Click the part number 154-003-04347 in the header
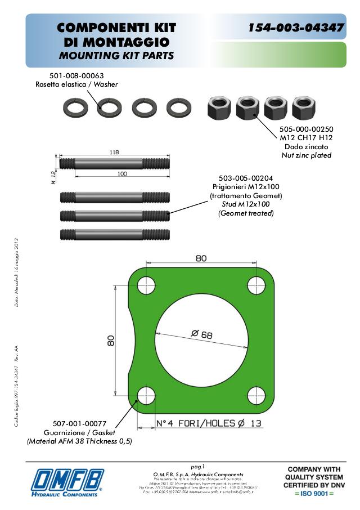click(x=296, y=28)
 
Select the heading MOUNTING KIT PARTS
click(x=116, y=56)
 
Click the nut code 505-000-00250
click(x=306, y=128)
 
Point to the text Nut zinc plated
click(x=306, y=155)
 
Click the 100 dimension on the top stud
click(x=121, y=174)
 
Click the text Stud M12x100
click(x=245, y=204)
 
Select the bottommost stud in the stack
click(x=115, y=234)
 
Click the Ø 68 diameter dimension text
click(x=201, y=334)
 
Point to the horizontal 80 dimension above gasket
click(x=201, y=258)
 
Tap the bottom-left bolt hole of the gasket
click(x=146, y=395)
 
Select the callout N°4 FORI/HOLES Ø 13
click(x=208, y=424)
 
